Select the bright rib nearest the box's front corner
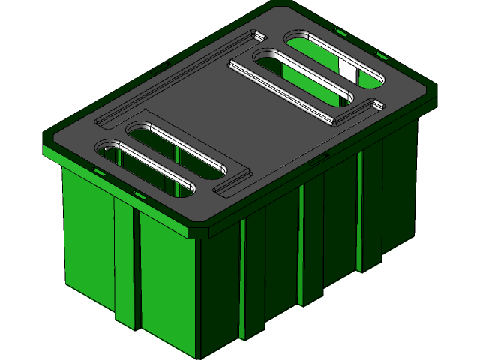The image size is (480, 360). (243, 277)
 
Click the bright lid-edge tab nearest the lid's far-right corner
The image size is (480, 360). (382, 56)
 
